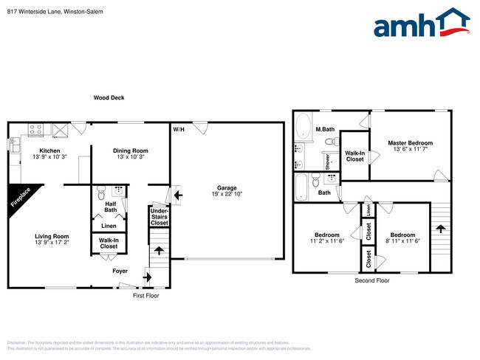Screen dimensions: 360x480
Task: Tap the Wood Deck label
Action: pos(109,97)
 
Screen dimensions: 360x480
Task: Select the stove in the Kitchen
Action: pos(35,131)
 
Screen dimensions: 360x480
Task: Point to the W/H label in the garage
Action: pos(179,130)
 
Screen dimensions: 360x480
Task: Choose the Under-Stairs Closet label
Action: pos(159,216)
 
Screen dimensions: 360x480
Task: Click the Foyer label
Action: pos(120,271)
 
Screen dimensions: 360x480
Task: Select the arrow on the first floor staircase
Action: pos(158,250)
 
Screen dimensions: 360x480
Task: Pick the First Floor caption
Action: pos(146,295)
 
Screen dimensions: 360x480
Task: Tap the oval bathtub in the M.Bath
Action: pos(304,129)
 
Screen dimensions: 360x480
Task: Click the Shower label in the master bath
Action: pos(327,161)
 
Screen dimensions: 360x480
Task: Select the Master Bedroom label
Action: pos(410,142)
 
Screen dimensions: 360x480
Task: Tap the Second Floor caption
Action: pos(372,281)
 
